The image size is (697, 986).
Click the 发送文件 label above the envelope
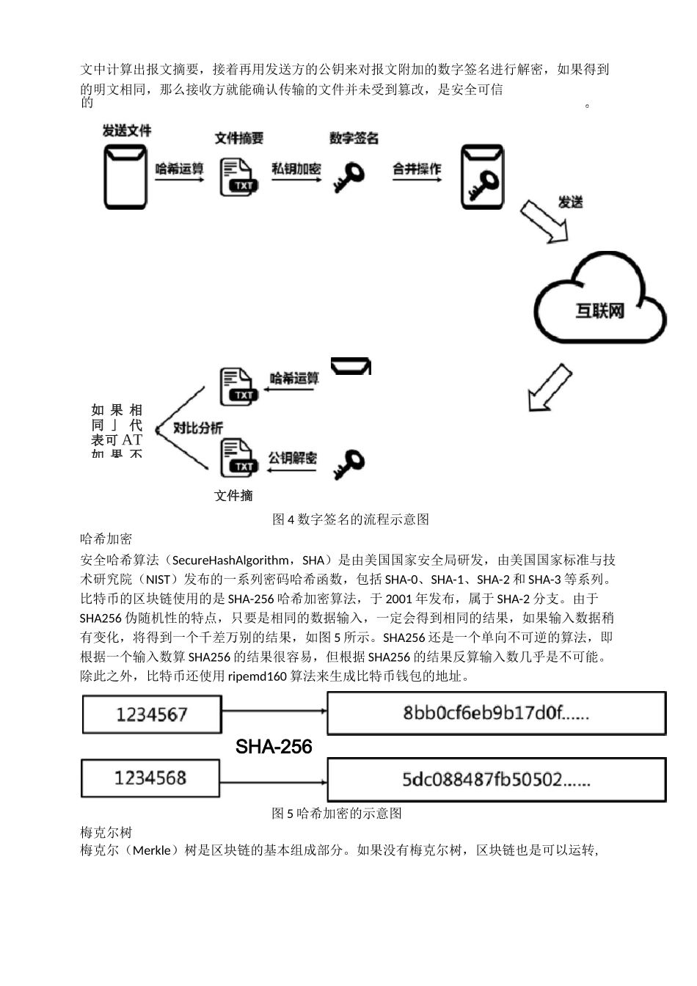[x=126, y=131]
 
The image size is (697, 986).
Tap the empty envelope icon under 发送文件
[x=125, y=177]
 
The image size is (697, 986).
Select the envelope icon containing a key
[x=482, y=177]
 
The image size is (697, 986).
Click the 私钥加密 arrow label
[x=296, y=169]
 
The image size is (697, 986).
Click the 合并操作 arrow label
[x=417, y=169]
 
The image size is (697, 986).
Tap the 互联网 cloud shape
[x=599, y=302]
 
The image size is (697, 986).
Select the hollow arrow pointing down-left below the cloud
[x=550, y=388]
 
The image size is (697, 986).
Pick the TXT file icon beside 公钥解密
[x=239, y=459]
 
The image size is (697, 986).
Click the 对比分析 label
[x=197, y=428]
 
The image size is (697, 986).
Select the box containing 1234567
[x=152, y=715]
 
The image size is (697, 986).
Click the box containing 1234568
[x=150, y=778]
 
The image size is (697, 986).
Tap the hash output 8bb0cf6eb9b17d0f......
[x=496, y=713]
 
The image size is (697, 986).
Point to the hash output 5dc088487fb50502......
[x=496, y=779]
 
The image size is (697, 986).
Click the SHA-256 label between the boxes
[x=274, y=747]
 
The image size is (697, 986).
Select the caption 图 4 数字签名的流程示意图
[x=350, y=519]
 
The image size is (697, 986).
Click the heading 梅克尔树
[x=106, y=832]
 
